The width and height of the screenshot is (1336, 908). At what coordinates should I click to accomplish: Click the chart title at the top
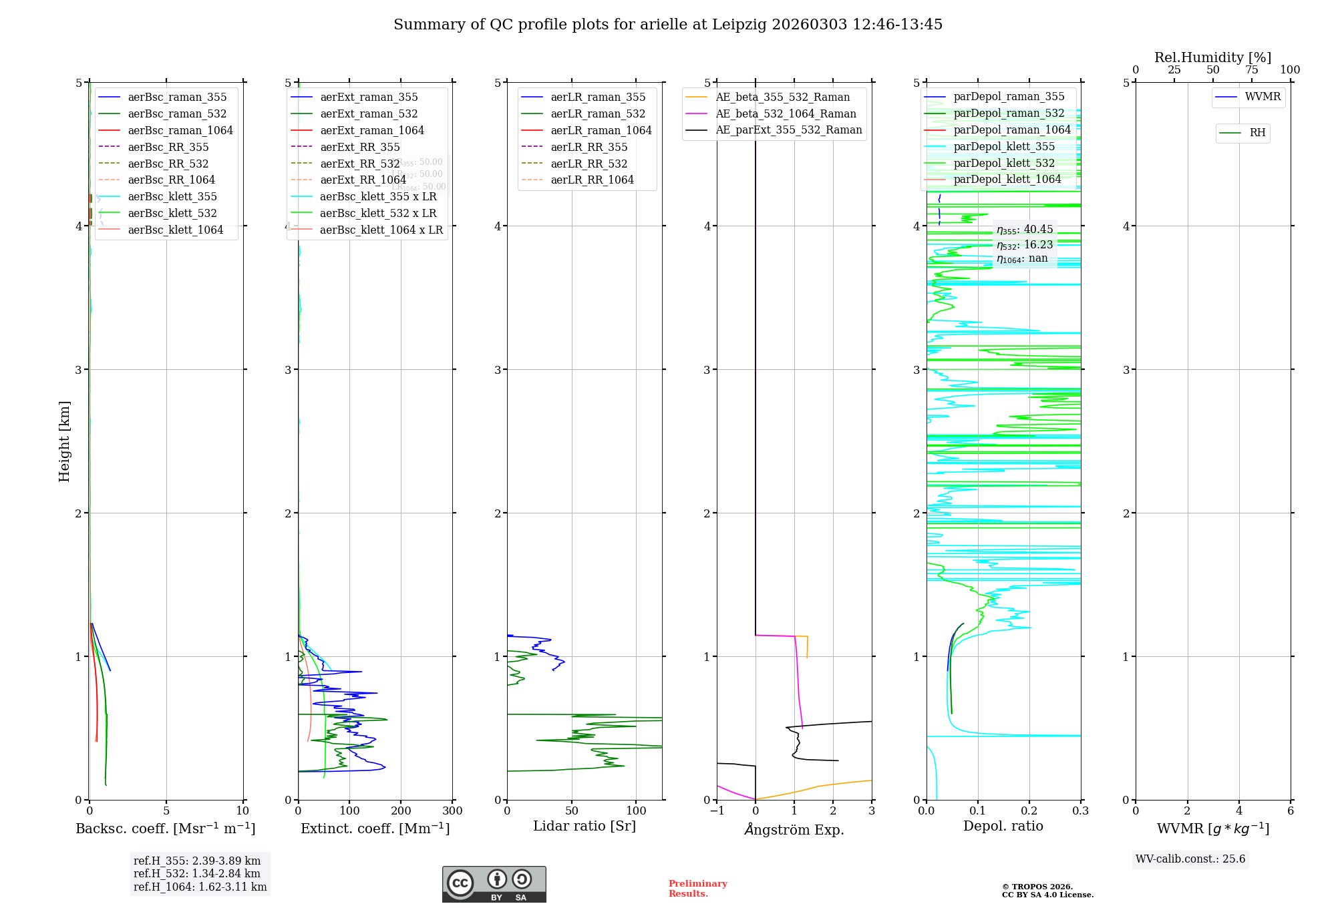pos(667,25)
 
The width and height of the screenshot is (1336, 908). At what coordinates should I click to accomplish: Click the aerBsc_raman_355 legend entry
pos(177,97)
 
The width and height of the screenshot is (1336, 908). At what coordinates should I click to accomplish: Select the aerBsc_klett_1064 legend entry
pos(175,230)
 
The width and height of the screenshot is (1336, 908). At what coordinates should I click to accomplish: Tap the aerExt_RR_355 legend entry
pos(359,148)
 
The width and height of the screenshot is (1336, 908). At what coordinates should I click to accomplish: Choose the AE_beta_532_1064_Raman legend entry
pos(786,114)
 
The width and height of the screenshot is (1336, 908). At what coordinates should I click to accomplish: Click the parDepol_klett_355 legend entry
pos(1003,147)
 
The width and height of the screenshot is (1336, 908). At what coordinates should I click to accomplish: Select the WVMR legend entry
pos(1263,97)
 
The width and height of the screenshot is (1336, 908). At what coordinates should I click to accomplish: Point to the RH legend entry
pos(1257,134)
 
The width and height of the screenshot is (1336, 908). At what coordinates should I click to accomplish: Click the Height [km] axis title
pos(64,441)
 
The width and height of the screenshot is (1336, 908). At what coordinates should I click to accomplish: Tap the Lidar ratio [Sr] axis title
pos(584,827)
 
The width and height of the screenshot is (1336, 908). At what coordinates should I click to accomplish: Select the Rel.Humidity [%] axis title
pos(1212,58)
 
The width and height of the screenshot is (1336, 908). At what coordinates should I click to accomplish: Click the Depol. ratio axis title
pos(1003,827)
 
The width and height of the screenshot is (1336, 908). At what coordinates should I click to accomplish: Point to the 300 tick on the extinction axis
pos(452,811)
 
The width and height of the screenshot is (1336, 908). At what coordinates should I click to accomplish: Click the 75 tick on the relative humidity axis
pos(1251,70)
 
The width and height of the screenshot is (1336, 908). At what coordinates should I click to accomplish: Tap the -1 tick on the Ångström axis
pos(717,811)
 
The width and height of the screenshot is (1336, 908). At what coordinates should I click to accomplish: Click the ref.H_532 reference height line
pos(196,874)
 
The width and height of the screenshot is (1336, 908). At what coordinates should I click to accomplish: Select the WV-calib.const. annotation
pos(1190,859)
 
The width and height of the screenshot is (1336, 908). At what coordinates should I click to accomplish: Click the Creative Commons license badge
pos(494,885)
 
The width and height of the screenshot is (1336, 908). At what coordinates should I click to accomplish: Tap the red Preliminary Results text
pos(697,889)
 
